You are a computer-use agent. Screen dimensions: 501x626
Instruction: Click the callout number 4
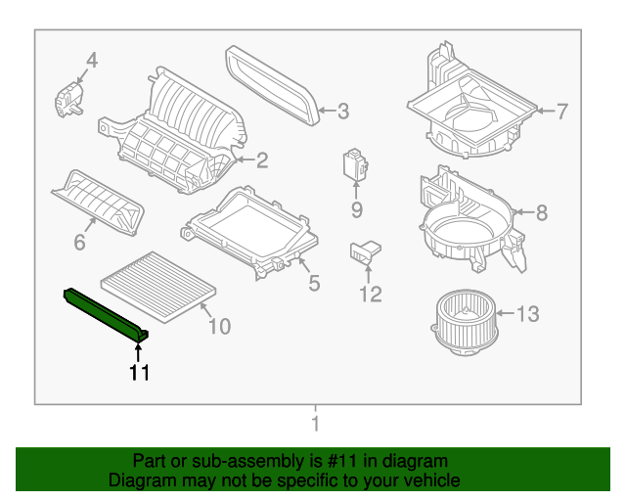pyautogui.click(x=91, y=62)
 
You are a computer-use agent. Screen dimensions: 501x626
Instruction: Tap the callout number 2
pyautogui.click(x=261, y=159)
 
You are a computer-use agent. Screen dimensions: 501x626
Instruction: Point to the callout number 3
pyautogui.click(x=342, y=112)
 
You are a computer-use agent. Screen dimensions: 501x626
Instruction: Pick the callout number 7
pyautogui.click(x=561, y=112)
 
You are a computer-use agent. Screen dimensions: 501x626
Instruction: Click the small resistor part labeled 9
pyautogui.click(x=353, y=165)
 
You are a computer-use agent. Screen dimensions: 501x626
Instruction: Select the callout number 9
pyautogui.click(x=357, y=209)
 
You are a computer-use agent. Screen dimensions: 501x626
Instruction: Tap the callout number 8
pyautogui.click(x=542, y=212)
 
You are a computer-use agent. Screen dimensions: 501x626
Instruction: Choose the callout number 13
pyautogui.click(x=527, y=314)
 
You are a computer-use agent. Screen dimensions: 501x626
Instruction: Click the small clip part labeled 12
pyautogui.click(x=365, y=251)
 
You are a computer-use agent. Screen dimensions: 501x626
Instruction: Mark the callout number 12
pyautogui.click(x=370, y=294)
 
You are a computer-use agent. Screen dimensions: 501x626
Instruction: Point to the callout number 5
pyautogui.click(x=314, y=284)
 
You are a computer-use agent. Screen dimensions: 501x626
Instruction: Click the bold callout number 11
pyautogui.click(x=139, y=372)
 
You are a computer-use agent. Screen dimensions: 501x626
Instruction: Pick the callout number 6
pyautogui.click(x=79, y=240)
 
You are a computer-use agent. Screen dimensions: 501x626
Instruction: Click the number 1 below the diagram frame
pyautogui.click(x=315, y=424)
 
